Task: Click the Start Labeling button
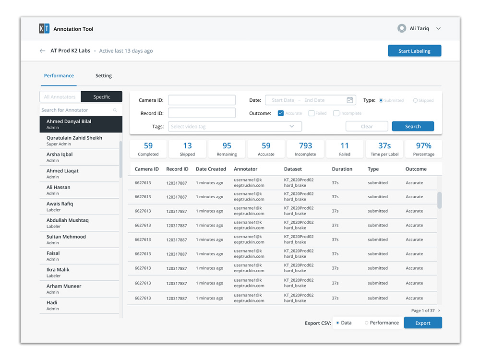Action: click(414, 51)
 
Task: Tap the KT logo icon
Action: click(44, 29)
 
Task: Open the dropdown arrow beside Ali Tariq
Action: click(438, 29)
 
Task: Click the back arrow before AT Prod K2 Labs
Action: click(42, 51)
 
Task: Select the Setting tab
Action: click(104, 76)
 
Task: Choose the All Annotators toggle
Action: click(60, 97)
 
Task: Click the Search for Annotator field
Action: click(77, 110)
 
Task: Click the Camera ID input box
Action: click(202, 100)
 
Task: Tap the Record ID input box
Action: click(202, 113)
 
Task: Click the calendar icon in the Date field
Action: click(350, 100)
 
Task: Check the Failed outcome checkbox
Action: click(312, 113)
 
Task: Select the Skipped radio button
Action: click(415, 100)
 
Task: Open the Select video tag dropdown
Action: click(235, 127)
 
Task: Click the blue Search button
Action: click(413, 127)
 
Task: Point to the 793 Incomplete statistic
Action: click(305, 149)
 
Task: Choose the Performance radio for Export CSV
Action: click(367, 323)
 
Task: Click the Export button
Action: click(422, 323)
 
